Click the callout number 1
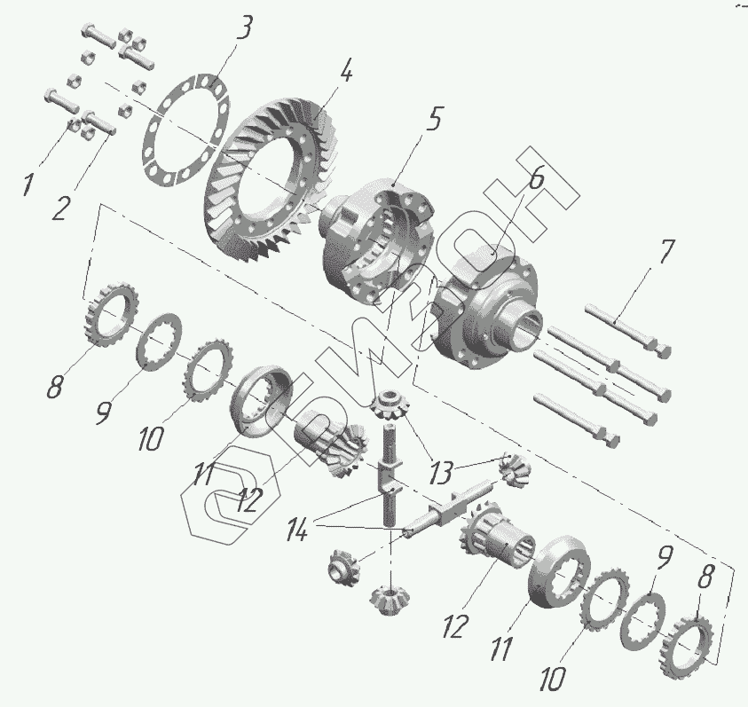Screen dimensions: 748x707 pyautogui.click(x=28, y=185)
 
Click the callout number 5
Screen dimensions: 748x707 pyautogui.click(x=432, y=120)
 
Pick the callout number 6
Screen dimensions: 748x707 pyautogui.click(x=536, y=179)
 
